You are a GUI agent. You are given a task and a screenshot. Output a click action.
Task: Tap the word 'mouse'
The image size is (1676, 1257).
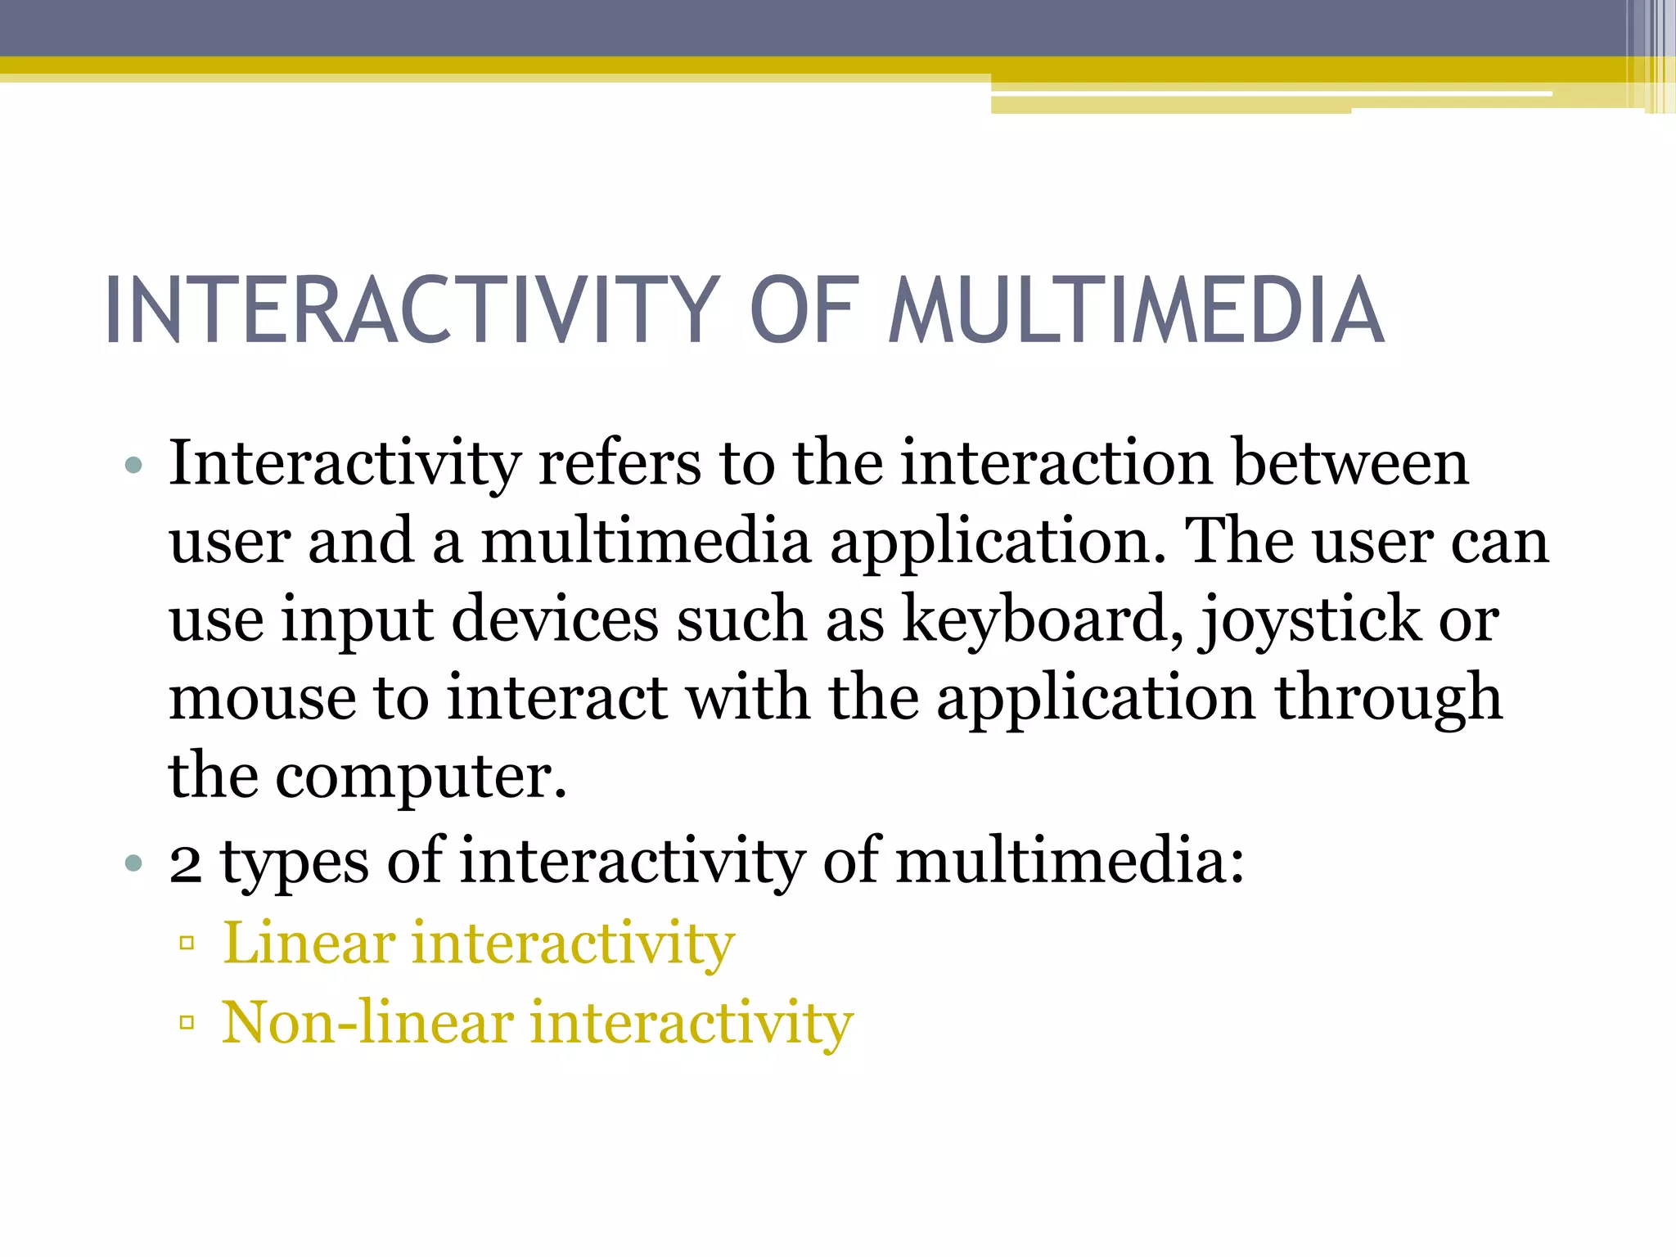(x=262, y=698)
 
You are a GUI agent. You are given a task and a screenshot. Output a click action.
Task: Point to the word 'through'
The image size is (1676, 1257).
(x=1389, y=698)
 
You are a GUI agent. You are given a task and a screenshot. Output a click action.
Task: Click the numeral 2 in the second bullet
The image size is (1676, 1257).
(x=186, y=863)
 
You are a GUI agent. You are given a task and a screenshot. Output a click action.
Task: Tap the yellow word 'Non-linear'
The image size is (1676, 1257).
(x=368, y=1022)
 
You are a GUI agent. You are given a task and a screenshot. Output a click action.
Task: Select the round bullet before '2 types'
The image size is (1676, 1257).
(x=134, y=863)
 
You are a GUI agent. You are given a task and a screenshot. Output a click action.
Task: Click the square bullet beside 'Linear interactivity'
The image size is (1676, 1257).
(x=187, y=944)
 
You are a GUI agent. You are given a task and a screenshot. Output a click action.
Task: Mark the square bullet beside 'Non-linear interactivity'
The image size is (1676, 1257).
(x=187, y=1022)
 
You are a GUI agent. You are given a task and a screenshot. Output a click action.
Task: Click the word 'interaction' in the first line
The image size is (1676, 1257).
(x=1057, y=463)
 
